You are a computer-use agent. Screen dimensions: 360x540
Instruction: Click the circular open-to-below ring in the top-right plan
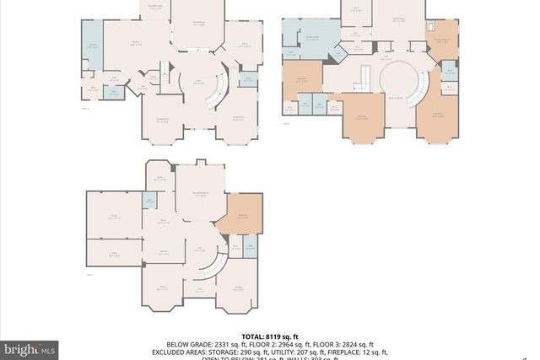pyautogui.click(x=397, y=85)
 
